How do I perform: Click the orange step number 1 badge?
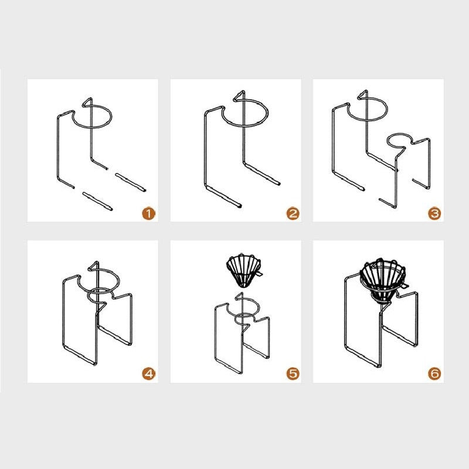pyautogui.click(x=149, y=213)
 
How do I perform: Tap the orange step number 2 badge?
pyautogui.click(x=293, y=213)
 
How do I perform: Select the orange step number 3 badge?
pyautogui.click(x=434, y=213)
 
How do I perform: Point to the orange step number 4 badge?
pyautogui.click(x=149, y=373)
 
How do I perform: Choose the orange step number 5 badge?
pyautogui.click(x=293, y=373)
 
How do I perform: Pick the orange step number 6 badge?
pyautogui.click(x=434, y=373)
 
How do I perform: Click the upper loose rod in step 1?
pyautogui.click(x=131, y=182)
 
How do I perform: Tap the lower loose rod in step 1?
pyautogui.click(x=97, y=201)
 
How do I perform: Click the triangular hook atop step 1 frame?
pyautogui.click(x=87, y=101)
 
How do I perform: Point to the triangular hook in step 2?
pyautogui.click(x=239, y=96)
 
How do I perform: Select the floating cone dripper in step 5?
pyautogui.click(x=244, y=271)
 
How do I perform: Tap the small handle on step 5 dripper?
pyautogui.click(x=260, y=273)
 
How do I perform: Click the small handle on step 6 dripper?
pyautogui.click(x=404, y=286)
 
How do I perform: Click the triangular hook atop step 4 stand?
pyautogui.click(x=94, y=266)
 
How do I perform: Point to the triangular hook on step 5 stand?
pyautogui.click(x=239, y=297)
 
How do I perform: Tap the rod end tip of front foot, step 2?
pyautogui.click(x=240, y=206)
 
